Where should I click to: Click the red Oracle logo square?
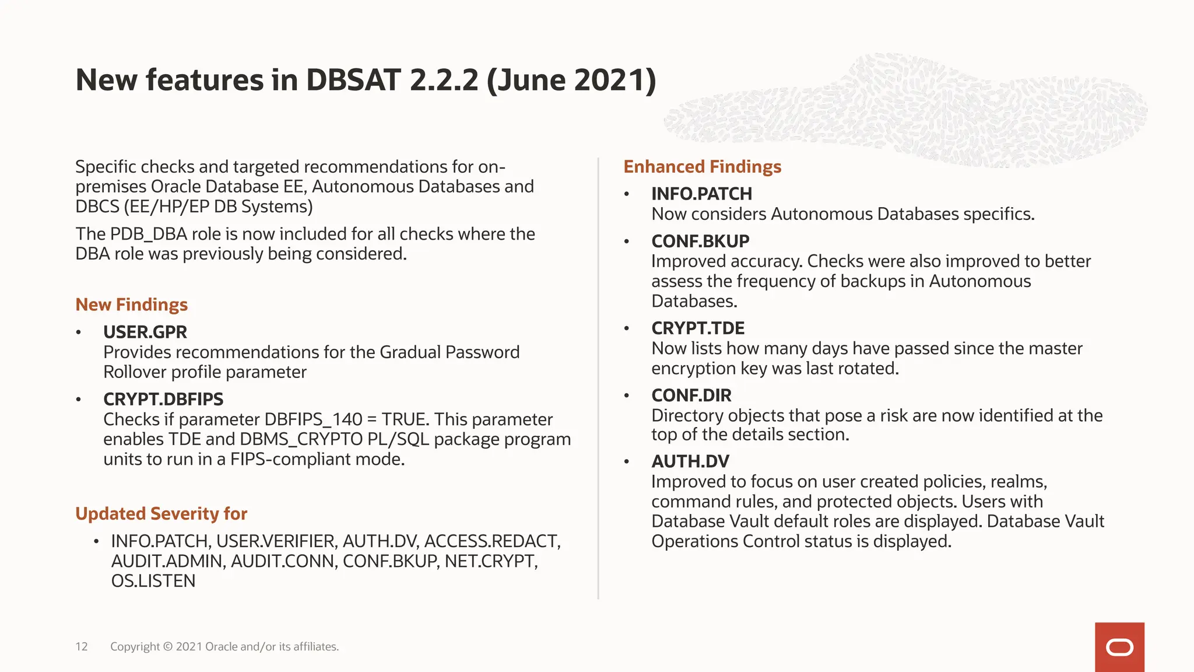(1119, 647)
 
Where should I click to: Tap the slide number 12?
(82, 646)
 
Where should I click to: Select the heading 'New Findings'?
(131, 304)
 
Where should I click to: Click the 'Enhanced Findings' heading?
(702, 167)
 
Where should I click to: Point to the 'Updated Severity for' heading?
(161, 513)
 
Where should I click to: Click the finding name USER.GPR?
(145, 332)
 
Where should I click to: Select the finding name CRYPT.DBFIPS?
(163, 399)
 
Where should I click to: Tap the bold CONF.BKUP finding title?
(700, 241)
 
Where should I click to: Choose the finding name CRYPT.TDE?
(698, 328)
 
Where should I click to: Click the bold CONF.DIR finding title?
(691, 395)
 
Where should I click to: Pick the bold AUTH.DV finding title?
(690, 461)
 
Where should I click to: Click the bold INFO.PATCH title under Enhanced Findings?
(701, 194)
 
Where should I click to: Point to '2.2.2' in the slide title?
(444, 80)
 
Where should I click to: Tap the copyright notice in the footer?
(224, 646)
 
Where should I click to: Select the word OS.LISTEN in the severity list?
(153, 581)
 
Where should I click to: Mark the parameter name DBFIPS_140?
(313, 419)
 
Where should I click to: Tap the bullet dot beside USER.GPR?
(78, 332)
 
